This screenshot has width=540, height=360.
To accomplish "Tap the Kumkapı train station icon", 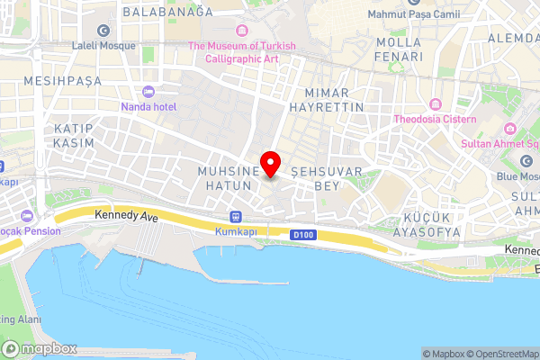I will (236, 216).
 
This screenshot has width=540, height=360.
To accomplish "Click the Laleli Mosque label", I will (105, 45).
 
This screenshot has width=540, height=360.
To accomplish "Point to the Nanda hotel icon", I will (148, 91).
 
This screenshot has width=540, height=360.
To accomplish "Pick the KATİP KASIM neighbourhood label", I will (74, 136).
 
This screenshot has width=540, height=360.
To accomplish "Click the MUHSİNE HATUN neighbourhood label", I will (229, 176).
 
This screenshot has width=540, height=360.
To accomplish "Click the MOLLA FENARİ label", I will (399, 49).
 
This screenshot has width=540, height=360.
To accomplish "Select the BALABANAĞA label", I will (167, 12).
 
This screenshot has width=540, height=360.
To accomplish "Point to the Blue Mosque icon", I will (526, 161).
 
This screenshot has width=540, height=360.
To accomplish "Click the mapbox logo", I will (40, 348).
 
